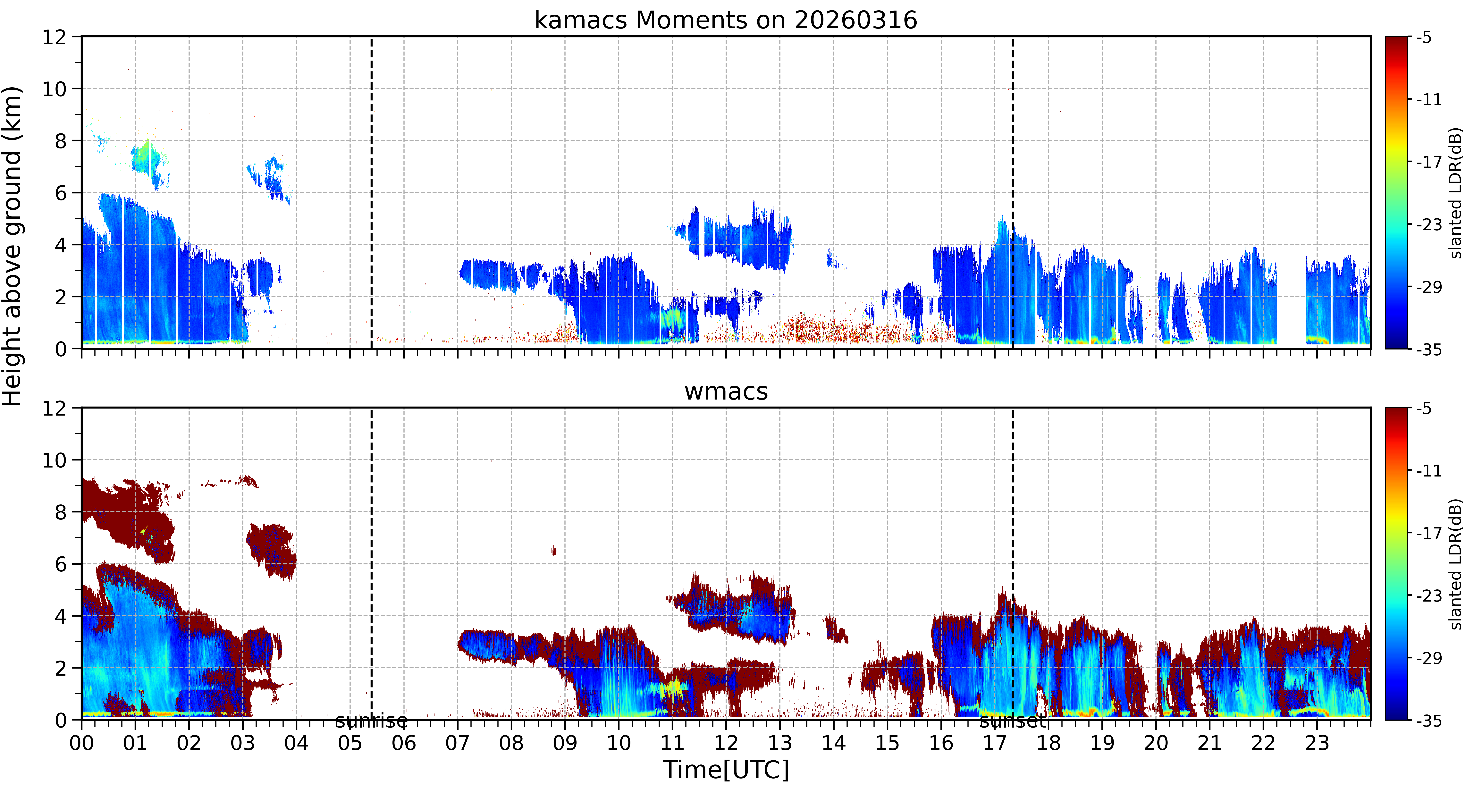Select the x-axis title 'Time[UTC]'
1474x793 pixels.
click(726, 770)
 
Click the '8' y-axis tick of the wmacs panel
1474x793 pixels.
click(61, 512)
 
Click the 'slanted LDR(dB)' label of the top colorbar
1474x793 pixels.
click(1456, 193)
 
